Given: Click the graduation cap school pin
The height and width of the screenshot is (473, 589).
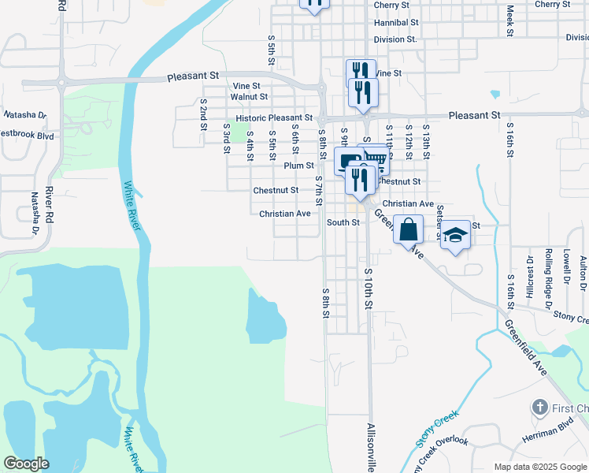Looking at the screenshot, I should point(455,235).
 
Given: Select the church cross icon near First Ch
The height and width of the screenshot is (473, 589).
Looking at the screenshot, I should point(539,408).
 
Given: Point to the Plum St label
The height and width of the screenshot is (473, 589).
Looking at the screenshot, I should point(299,166).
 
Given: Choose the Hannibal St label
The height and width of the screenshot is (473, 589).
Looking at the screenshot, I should point(393,23).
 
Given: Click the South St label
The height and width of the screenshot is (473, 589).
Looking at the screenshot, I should point(343,222).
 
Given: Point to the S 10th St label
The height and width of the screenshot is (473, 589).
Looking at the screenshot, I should point(368,287).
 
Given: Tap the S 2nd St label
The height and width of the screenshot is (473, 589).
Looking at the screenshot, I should point(203,114).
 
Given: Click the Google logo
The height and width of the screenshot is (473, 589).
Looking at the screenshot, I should point(26,464).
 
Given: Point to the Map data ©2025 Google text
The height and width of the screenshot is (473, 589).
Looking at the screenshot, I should point(539,467).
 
